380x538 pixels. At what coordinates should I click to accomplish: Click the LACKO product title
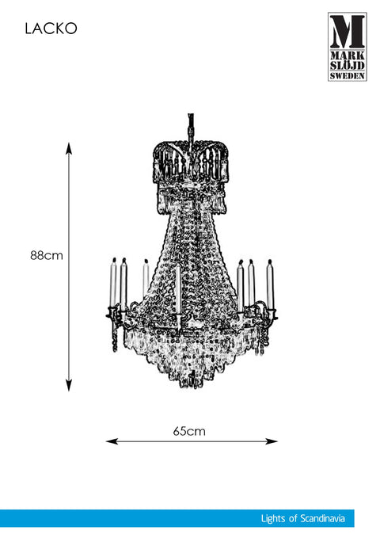pyautogui.click(x=51, y=29)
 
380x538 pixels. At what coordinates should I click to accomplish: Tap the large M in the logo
pyautogui.click(x=347, y=32)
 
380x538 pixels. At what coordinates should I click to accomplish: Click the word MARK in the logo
pyautogui.click(x=347, y=55)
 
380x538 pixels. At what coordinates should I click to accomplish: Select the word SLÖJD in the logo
pyautogui.click(x=347, y=65)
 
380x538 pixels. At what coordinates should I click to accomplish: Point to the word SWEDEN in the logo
pyautogui.click(x=347, y=75)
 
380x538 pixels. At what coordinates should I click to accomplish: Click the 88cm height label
pyautogui.click(x=47, y=256)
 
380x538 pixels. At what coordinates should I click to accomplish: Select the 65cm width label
pyautogui.click(x=189, y=431)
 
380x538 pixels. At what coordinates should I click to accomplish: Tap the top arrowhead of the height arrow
pyautogui.click(x=69, y=148)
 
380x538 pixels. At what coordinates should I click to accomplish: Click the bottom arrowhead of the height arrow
pyautogui.click(x=69, y=385)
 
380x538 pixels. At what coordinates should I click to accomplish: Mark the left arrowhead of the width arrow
pyautogui.click(x=112, y=441)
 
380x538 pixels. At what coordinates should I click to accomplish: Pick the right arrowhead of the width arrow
pyautogui.click(x=272, y=441)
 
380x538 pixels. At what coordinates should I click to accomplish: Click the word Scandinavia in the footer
pyautogui.click(x=322, y=518)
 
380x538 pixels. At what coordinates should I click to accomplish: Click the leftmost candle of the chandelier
pyautogui.click(x=113, y=284)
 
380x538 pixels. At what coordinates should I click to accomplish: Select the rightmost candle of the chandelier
pyautogui.click(x=270, y=284)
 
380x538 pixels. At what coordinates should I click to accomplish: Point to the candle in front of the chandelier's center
pyautogui.click(x=177, y=289)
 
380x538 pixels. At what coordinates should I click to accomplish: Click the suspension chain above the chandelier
pyautogui.click(x=191, y=127)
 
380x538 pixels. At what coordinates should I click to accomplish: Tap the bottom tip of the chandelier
pyautogui.click(x=185, y=387)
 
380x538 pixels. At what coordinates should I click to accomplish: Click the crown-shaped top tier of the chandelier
pyautogui.click(x=191, y=162)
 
